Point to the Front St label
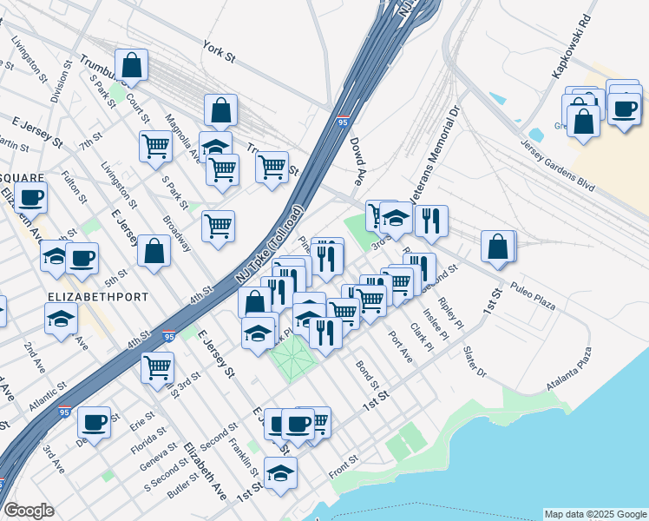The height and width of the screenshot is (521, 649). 344,467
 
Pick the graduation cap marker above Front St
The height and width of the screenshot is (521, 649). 280,474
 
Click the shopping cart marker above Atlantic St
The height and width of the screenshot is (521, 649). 157,366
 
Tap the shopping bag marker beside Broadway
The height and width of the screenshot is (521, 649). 154,253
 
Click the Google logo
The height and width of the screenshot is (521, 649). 29,511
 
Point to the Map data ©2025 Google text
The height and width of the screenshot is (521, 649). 594,514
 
